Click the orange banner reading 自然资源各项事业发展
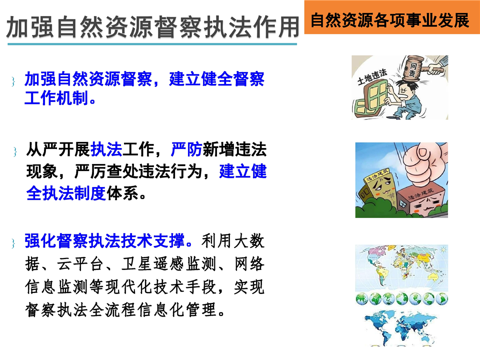pyautogui.click(x=392, y=17)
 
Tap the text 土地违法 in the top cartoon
pyautogui.click(x=372, y=77)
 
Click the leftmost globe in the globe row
pyautogui.click(x=362, y=299)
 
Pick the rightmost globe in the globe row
pyautogui.click(x=441, y=299)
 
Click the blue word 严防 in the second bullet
pyautogui.click(x=186, y=149)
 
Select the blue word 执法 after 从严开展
pyautogui.click(x=106, y=149)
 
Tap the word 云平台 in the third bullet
pyautogui.click(x=80, y=264)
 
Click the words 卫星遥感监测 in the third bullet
pyautogui.click(x=168, y=264)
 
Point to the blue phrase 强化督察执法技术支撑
pyautogui.click(x=104, y=240)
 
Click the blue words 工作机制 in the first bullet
pyautogui.click(x=56, y=98)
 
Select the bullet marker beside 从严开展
pyautogui.click(x=15, y=151)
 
